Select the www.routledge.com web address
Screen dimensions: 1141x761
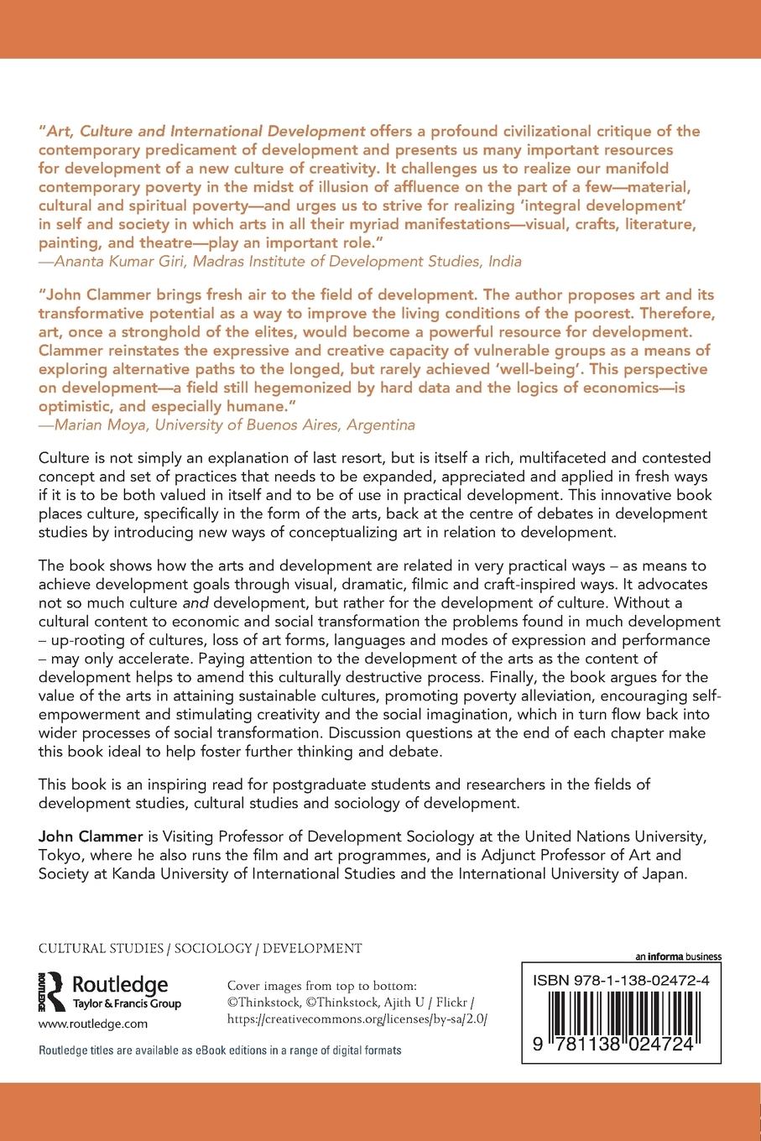point(93,1024)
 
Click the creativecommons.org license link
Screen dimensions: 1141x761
point(357,1018)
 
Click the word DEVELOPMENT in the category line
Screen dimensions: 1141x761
point(312,949)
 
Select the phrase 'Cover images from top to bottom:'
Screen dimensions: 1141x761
point(322,987)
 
